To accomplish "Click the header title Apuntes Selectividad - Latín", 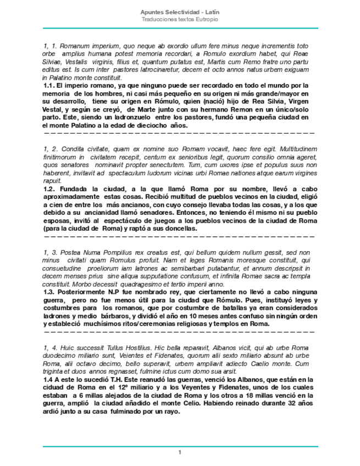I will [180, 12].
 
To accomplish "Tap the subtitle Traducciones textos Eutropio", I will [180, 19].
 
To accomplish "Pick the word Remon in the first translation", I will [228, 109].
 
